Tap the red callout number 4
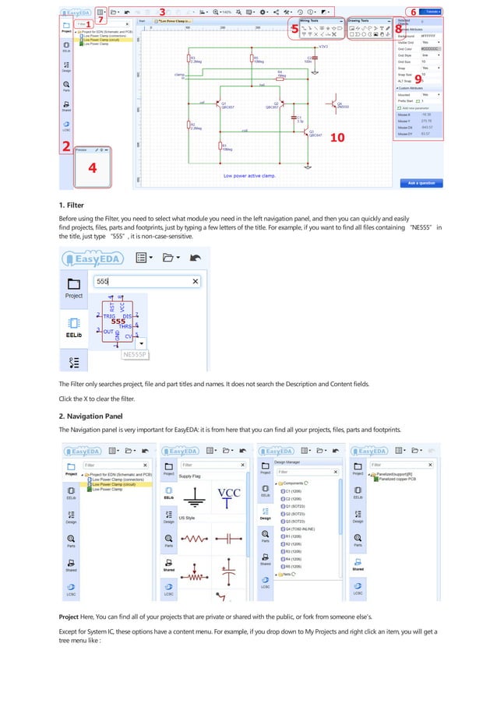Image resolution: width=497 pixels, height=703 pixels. pos(93,169)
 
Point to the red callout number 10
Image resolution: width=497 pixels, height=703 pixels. pos(337,138)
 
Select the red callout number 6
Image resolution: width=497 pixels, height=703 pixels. pos(413,12)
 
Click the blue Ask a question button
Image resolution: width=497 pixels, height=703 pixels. pos(421,183)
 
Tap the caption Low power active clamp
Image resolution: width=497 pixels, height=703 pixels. pos(247,176)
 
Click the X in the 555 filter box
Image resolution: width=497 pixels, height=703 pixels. pos(195,281)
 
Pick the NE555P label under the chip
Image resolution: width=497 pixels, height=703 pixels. pos(135,355)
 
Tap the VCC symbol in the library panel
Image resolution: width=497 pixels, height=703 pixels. pos(229,492)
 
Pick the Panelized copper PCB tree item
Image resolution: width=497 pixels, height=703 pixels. pos(400,479)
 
